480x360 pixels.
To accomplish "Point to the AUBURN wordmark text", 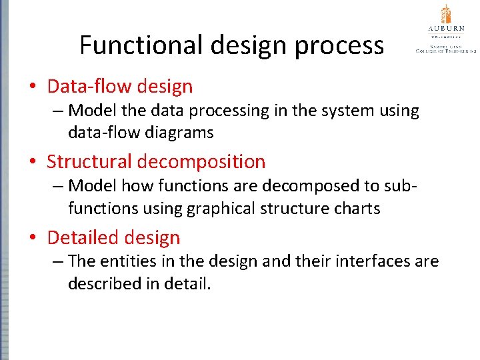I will [445, 29].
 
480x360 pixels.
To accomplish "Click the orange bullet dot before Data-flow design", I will [32, 87].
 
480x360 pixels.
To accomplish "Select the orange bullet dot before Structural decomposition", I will [32, 162].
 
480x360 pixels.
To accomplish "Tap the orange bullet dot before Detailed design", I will [32, 238].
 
